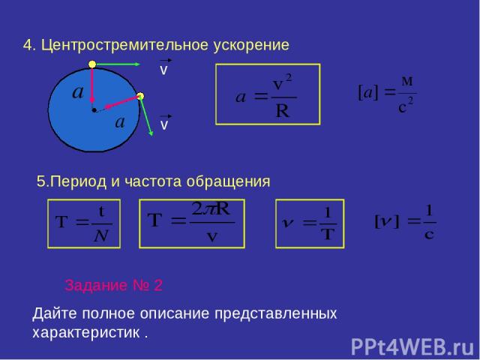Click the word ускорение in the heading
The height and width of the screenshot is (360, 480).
251,46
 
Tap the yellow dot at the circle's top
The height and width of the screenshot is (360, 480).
92,64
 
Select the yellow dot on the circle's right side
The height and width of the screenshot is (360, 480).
140,96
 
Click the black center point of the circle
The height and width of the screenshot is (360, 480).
94,110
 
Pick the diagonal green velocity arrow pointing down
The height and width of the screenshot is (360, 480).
146,116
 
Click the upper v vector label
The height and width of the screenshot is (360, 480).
164,67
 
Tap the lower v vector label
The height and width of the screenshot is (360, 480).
164,122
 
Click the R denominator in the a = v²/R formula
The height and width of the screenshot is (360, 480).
282,110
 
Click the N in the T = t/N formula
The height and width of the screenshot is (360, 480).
101,235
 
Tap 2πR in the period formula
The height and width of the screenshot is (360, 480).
211,209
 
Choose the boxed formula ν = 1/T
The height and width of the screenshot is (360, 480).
310,223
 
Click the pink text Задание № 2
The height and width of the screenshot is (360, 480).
113,285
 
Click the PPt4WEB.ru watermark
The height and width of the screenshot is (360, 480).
412,347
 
